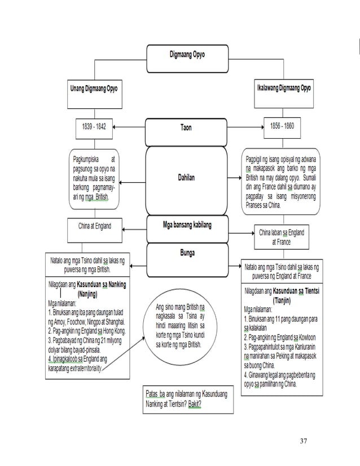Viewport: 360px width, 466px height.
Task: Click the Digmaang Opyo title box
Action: tap(181, 55)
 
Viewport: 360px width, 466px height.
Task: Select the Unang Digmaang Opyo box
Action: tap(94, 89)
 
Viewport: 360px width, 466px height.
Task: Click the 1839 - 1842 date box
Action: tap(94, 126)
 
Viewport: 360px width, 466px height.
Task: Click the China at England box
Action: tap(94, 226)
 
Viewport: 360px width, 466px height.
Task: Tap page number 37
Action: tap(304, 439)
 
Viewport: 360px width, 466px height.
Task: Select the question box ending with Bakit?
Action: tap(187, 399)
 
